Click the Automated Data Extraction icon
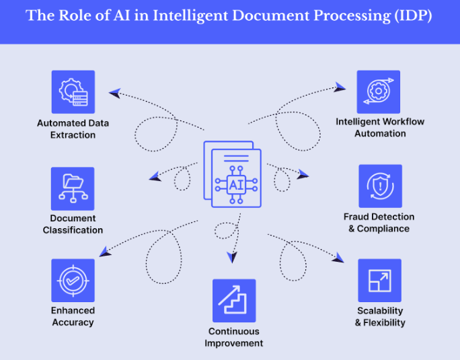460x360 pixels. (x=73, y=92)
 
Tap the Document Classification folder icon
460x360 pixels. (x=73, y=189)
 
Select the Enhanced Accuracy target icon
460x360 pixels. (x=73, y=281)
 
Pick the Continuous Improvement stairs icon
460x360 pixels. (x=234, y=301)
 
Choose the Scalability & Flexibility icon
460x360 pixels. (x=379, y=281)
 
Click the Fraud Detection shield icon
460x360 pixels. (x=380, y=186)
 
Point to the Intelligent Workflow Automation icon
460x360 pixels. (x=378, y=92)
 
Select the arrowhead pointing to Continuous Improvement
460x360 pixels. (x=233, y=257)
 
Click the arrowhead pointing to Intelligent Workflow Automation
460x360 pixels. (x=340, y=87)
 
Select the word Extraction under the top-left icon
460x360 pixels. (x=73, y=135)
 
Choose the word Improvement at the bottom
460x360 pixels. (x=234, y=343)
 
